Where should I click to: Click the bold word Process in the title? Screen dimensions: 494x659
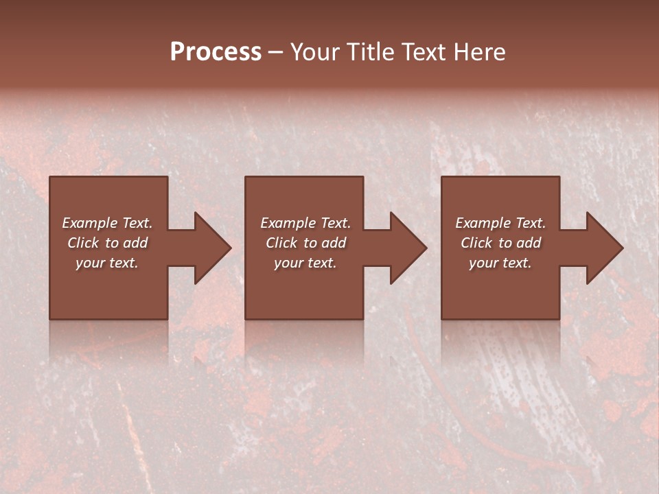point(216,52)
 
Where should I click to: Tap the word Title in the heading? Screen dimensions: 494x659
point(371,52)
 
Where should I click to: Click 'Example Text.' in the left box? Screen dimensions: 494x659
point(107,223)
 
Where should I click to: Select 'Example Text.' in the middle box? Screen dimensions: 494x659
point(305,223)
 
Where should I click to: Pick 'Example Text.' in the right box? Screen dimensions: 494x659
point(500,223)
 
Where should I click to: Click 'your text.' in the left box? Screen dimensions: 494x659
point(107,263)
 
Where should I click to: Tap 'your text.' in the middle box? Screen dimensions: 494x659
point(305,263)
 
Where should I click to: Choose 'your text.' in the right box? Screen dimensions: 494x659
point(500,263)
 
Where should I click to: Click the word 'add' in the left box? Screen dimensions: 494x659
point(135,243)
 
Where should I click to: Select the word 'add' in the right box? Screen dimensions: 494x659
point(529,243)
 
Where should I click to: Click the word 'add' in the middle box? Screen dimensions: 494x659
point(334,243)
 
